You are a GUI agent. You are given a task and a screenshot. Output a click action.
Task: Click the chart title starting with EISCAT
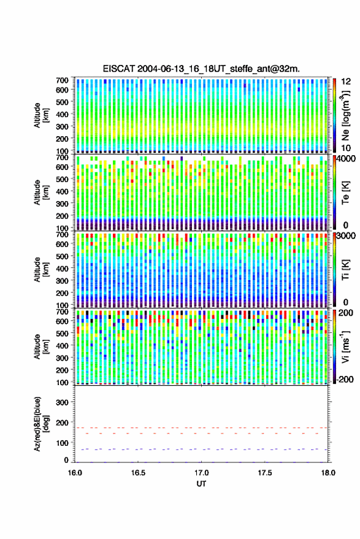[x=201, y=69]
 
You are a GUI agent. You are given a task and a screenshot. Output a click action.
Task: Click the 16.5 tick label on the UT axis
[x=138, y=473]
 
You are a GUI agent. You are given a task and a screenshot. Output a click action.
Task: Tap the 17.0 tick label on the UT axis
[x=201, y=473]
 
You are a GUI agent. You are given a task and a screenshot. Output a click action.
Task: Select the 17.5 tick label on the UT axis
[x=265, y=473]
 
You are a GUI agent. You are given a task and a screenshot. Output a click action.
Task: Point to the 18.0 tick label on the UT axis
[x=328, y=473]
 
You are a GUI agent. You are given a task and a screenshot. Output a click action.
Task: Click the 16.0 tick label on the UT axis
[x=75, y=473]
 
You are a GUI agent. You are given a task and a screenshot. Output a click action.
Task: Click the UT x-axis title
[x=201, y=484]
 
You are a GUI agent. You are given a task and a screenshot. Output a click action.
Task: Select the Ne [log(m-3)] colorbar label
[x=345, y=115]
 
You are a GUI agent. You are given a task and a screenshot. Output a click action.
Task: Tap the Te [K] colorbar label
[x=345, y=193]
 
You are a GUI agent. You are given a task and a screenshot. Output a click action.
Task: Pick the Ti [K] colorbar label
[x=345, y=270]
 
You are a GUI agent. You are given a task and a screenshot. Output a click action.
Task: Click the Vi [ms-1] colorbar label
[x=345, y=346]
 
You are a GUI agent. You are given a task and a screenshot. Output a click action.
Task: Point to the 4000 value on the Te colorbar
[x=346, y=159]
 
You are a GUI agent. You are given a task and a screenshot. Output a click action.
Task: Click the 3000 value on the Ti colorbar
[x=346, y=236]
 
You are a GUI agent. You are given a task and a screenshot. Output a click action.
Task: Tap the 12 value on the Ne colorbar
[x=347, y=82]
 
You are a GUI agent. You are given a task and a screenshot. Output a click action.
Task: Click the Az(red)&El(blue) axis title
[x=41, y=424]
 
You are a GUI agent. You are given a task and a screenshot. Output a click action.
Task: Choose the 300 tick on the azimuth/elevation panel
[x=62, y=402]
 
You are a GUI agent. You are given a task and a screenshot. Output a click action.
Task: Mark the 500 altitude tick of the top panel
[x=62, y=102]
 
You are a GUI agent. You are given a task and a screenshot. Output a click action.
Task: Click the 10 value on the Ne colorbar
[x=346, y=148]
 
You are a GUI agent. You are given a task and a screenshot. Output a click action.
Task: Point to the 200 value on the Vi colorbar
[x=346, y=313]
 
